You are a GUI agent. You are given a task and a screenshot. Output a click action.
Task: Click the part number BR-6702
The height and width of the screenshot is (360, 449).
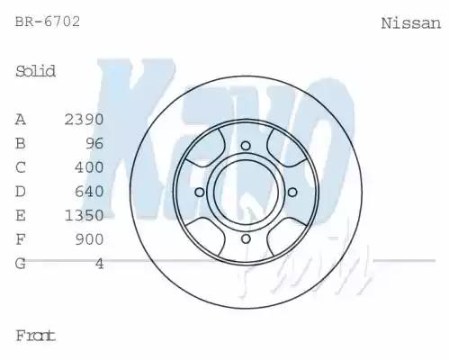coord(48,22)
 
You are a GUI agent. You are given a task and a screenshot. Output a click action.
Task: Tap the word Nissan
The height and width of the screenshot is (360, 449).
coord(410,23)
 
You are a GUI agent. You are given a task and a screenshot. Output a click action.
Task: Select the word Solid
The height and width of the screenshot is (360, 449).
coord(36,71)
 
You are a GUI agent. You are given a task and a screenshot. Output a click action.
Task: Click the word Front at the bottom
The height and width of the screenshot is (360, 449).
coord(36,336)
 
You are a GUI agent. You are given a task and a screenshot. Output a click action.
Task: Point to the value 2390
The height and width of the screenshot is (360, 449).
coord(84,119)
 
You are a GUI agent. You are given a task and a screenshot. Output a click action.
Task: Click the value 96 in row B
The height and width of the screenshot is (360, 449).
coord(94,143)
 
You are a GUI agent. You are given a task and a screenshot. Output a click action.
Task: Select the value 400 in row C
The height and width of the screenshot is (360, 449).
coord(88,167)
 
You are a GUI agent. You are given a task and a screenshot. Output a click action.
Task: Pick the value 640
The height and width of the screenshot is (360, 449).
coord(88,192)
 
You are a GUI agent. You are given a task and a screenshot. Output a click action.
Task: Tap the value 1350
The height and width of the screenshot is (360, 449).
coord(84,216)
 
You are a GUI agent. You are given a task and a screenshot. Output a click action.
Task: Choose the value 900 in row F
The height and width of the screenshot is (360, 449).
coord(88,239)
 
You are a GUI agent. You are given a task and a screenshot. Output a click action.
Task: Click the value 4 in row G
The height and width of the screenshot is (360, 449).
coord(99,264)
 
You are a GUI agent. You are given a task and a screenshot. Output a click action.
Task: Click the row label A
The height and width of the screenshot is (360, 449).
coord(21,119)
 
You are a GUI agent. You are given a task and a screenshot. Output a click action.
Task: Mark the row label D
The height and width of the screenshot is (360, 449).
coord(21,192)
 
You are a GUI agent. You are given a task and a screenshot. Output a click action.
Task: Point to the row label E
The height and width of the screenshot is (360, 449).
coord(21,216)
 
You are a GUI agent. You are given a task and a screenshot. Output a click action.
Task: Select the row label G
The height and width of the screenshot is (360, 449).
coord(21,264)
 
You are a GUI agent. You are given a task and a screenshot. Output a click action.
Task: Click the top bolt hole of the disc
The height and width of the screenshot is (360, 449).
coord(245,146)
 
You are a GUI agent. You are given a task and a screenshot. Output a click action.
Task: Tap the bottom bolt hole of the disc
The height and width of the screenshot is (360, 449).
coord(245,238)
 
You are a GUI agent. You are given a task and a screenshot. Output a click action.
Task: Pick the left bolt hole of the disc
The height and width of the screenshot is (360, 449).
coord(199,192)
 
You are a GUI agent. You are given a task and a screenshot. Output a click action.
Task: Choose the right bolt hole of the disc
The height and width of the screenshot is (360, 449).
coord(291,192)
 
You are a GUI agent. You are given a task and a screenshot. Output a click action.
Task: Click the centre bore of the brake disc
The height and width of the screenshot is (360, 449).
coord(245,192)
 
